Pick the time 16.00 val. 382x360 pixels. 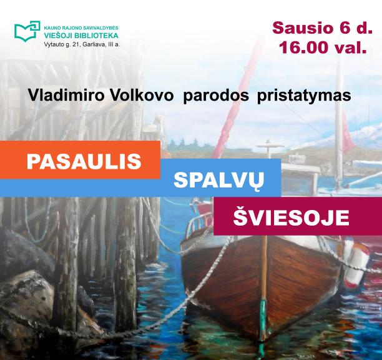tap(323, 47)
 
